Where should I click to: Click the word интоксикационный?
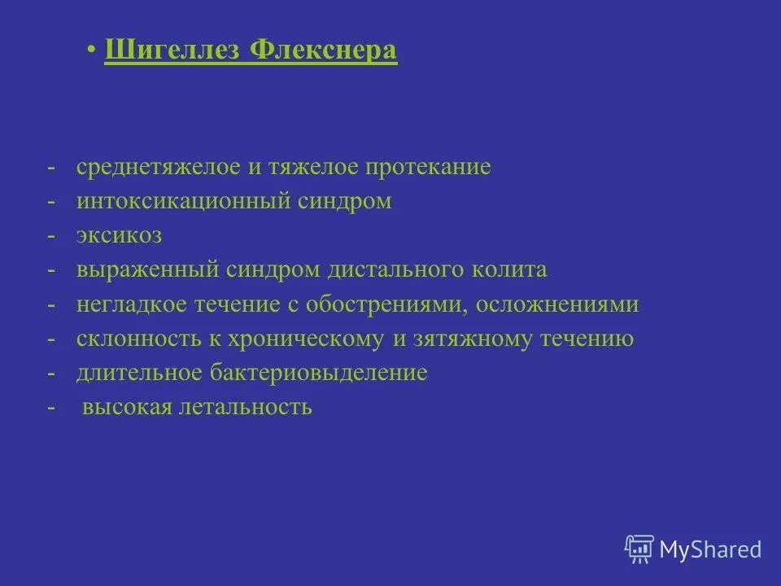click(180, 201)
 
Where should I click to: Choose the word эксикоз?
click(120, 236)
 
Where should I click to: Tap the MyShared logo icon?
click(639, 549)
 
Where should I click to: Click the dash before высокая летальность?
click(51, 407)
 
